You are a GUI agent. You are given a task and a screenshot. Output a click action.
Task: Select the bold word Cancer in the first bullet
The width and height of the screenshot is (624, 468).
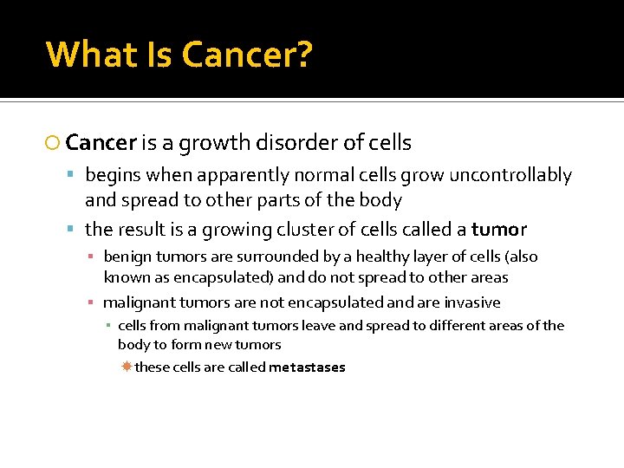101,142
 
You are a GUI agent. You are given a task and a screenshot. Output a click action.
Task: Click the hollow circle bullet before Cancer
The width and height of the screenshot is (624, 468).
54,143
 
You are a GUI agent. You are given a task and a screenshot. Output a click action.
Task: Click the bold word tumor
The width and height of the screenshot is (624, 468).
498,230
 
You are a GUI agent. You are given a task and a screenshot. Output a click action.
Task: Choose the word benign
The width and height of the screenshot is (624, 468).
127,257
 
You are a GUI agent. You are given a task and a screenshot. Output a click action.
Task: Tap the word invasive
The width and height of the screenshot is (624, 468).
472,303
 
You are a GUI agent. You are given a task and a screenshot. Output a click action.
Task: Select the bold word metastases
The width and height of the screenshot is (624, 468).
307,367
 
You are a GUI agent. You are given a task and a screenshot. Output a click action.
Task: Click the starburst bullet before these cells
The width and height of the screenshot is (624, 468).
126,367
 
